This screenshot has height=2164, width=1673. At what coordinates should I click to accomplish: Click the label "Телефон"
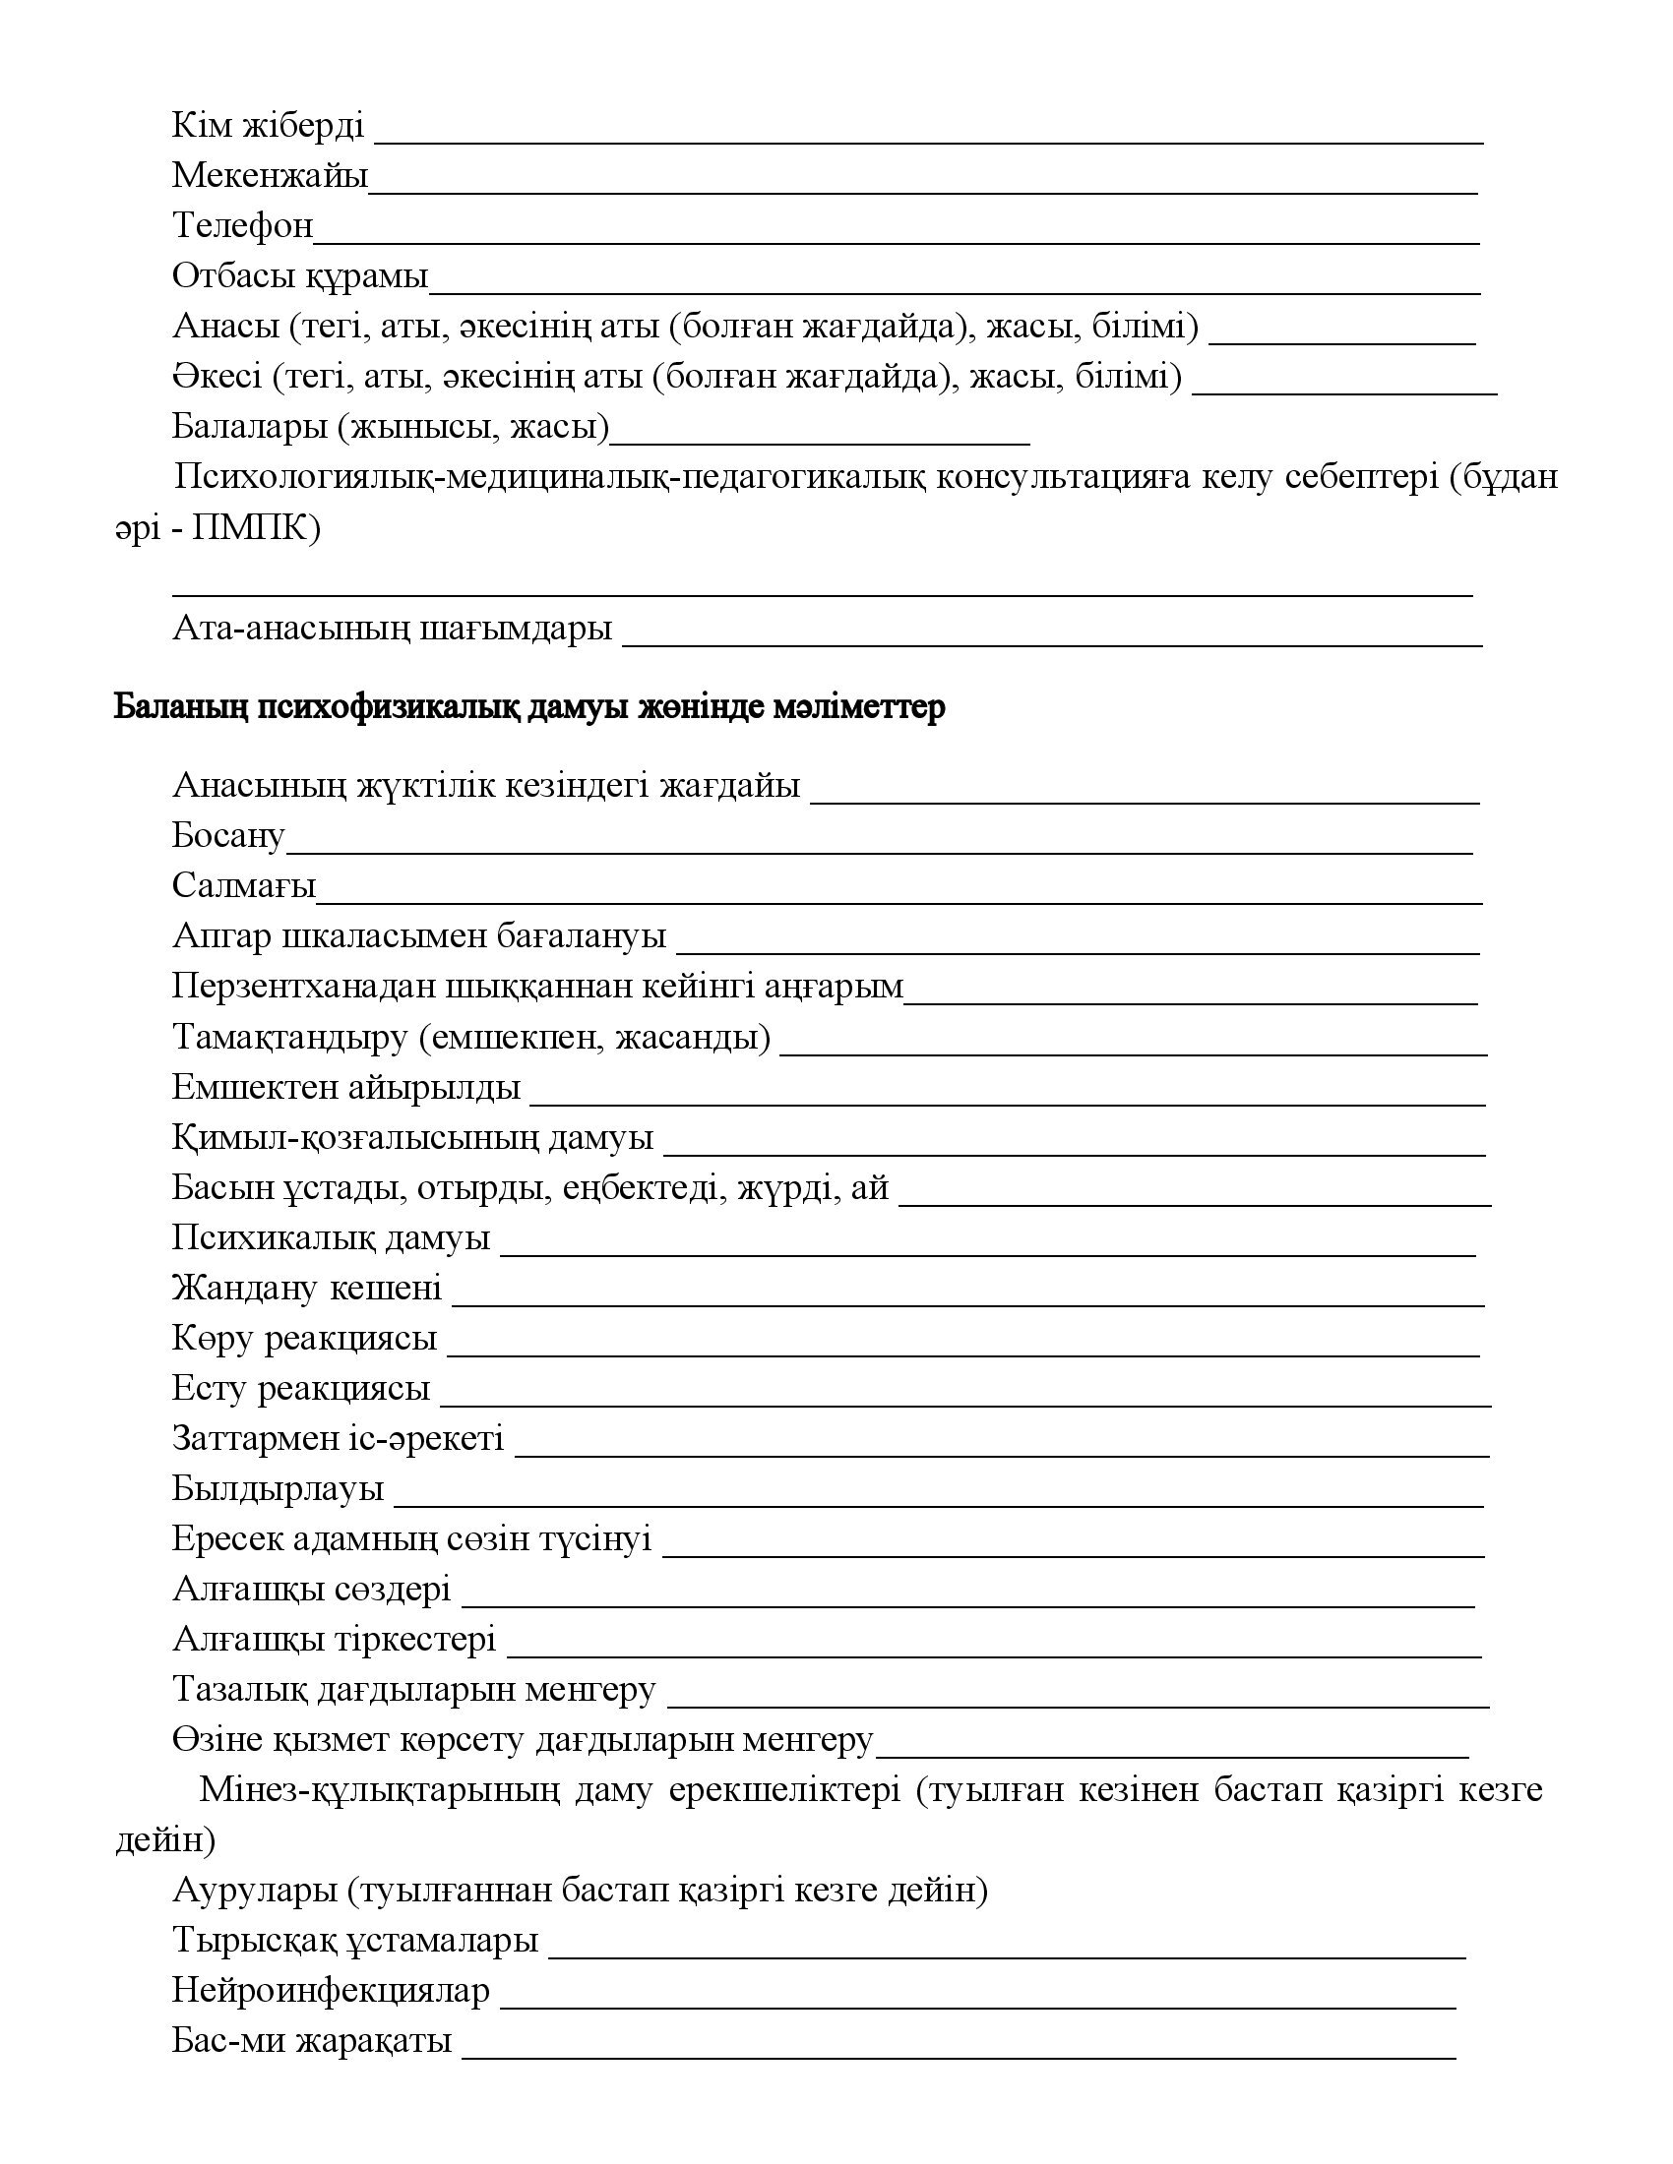coord(242,226)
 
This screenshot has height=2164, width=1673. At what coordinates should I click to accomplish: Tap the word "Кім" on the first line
coord(201,126)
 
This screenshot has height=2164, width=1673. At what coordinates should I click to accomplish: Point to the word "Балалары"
coord(249,427)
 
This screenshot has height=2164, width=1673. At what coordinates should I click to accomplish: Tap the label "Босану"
coord(228,836)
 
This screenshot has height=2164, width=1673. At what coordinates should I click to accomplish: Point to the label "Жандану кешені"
coord(306,1289)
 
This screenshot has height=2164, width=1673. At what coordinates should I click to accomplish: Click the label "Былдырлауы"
coord(278,1488)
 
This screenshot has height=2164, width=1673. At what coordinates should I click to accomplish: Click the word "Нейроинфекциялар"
coord(330,1991)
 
